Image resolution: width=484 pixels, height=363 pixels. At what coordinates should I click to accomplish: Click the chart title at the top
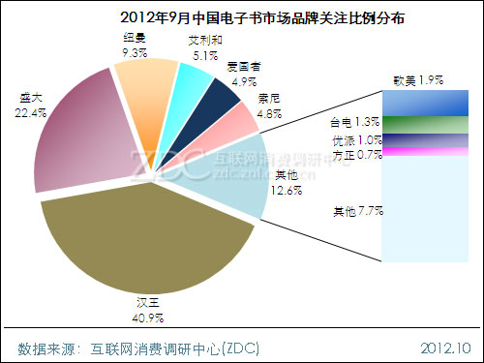[241, 17]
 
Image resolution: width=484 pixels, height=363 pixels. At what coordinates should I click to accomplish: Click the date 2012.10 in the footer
[445, 347]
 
